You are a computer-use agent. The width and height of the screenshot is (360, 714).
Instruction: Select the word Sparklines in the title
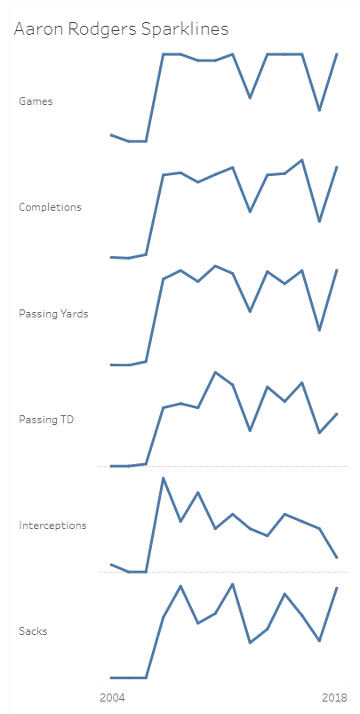pyautogui.click(x=187, y=29)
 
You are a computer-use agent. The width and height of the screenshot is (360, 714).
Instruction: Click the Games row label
pyautogui.click(x=36, y=101)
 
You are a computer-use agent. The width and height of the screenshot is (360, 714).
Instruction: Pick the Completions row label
pyautogui.click(x=50, y=207)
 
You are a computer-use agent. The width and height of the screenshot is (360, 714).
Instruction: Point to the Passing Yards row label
pyautogui.click(x=53, y=314)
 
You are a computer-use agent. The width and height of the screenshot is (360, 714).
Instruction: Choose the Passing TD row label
pyautogui.click(x=45, y=420)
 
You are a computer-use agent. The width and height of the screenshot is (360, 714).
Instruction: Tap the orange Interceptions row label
pyautogui.click(x=52, y=525)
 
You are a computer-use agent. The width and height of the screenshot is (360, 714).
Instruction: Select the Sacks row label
pyautogui.click(x=33, y=631)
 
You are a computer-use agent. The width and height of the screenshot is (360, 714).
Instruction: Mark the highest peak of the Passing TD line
pyautogui.click(x=215, y=372)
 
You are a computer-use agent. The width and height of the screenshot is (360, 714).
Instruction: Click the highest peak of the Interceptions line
pyautogui.click(x=163, y=477)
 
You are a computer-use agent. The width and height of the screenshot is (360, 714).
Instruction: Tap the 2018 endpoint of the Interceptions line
pyautogui.click(x=337, y=558)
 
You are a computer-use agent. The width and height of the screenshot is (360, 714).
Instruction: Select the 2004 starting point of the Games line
pyautogui.click(x=111, y=135)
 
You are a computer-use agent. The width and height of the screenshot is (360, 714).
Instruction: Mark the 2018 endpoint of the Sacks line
pyautogui.click(x=337, y=588)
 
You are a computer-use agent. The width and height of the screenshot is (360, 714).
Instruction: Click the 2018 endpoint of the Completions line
pyautogui.click(x=337, y=167)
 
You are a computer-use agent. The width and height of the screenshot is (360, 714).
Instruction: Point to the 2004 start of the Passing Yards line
pyautogui.click(x=111, y=365)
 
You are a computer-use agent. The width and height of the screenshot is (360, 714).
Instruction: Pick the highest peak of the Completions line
pyautogui.click(x=302, y=160)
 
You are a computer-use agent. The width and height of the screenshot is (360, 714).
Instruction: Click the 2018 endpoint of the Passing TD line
pyautogui.click(x=337, y=413)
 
